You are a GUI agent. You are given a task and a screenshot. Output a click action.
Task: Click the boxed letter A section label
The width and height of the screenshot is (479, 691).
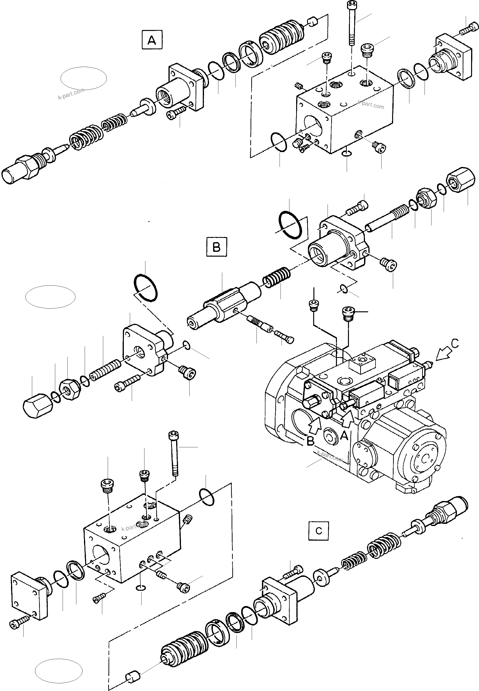coord(152,40)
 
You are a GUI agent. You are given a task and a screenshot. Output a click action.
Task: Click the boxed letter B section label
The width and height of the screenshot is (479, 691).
coord(216,247)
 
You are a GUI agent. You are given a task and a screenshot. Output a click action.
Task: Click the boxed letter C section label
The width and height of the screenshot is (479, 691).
coord(318,531)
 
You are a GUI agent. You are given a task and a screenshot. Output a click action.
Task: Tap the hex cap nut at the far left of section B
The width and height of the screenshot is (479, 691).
coord(37,406)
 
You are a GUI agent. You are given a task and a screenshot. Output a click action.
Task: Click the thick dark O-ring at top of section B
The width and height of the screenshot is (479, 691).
coord(290,225)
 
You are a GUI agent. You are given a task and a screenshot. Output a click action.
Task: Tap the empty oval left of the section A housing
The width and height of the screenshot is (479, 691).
coord(84,78)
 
